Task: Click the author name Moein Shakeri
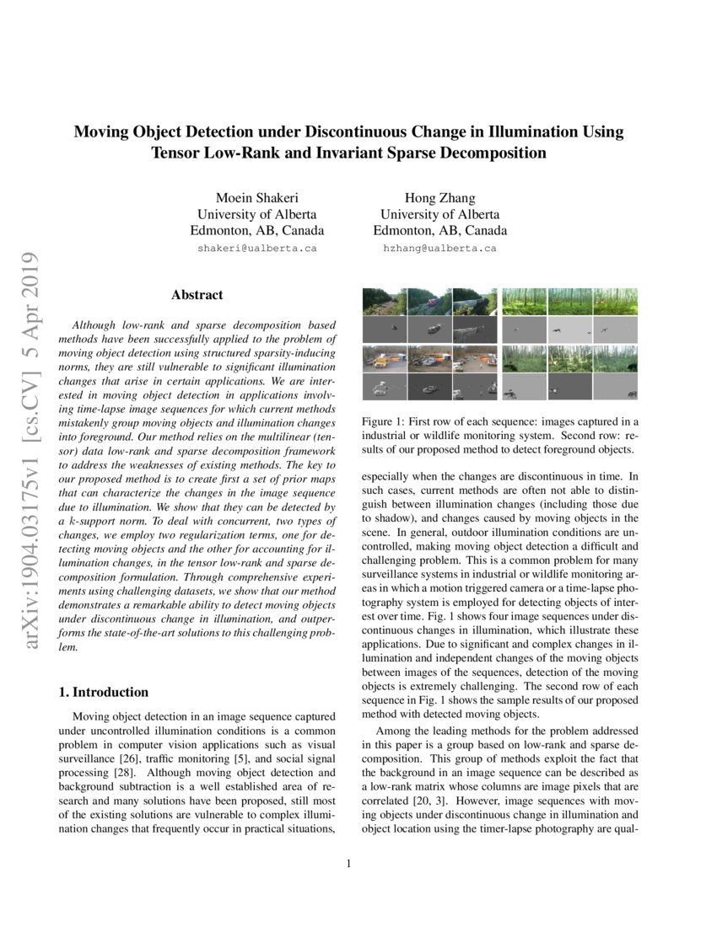click(256, 198)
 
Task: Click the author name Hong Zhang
click(439, 198)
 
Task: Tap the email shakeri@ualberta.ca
click(256, 249)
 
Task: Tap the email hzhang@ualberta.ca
click(439, 249)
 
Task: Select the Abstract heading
click(197, 295)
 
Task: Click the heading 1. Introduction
click(103, 692)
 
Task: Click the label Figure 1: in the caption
click(384, 421)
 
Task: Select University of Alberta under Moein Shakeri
click(256, 214)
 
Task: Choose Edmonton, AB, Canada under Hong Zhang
click(439, 230)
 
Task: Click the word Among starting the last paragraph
click(393, 731)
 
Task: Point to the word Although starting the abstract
click(100, 324)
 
